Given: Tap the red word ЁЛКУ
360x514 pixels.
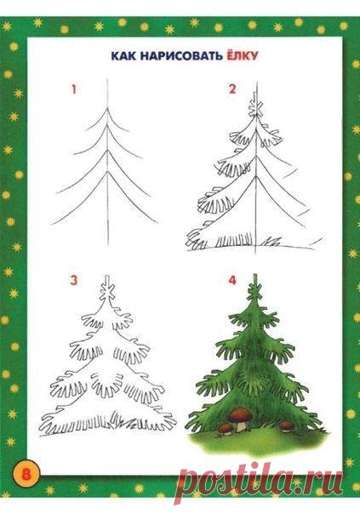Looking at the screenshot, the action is pyautogui.click(x=241, y=55).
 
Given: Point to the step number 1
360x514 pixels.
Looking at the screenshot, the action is pyautogui.click(x=74, y=89).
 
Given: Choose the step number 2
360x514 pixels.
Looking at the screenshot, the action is pyautogui.click(x=232, y=89).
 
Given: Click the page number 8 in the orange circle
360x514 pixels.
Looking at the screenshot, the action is pyautogui.click(x=26, y=473).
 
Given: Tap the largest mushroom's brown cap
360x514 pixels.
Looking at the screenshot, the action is pyautogui.click(x=241, y=415).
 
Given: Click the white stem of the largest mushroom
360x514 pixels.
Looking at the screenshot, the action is pyautogui.click(x=242, y=426).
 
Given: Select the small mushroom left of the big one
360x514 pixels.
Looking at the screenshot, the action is pyautogui.click(x=226, y=429).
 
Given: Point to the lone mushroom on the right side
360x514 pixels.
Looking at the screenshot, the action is pyautogui.click(x=286, y=425).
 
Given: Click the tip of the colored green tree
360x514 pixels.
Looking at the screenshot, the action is pyautogui.click(x=254, y=275).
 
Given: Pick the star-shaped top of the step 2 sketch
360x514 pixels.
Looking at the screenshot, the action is pyautogui.click(x=255, y=107).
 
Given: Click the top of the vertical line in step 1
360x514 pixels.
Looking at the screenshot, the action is pyautogui.click(x=108, y=79).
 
